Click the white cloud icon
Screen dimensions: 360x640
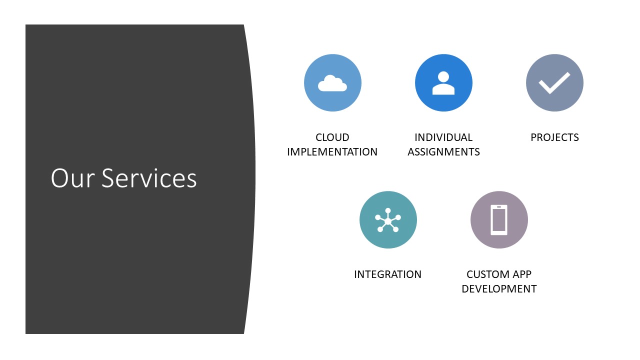pos(332,83)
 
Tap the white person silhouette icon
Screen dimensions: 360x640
pos(443,83)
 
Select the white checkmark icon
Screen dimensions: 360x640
pos(554,83)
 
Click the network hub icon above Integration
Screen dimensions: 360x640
pos(388,220)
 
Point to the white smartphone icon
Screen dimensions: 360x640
pos(499,220)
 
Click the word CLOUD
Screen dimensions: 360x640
pos(332,137)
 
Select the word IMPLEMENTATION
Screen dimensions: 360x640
pos(332,152)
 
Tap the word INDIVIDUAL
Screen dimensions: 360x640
pos(443,137)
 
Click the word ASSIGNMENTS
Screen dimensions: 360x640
pos(443,152)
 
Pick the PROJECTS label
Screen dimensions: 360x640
pos(554,137)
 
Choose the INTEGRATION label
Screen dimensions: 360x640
pos(388,274)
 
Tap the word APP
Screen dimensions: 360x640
pos(522,274)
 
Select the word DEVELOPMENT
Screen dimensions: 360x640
pos(499,289)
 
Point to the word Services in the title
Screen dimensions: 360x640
pos(149,178)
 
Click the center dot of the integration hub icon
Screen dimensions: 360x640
pos(388,220)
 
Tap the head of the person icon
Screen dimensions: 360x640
pos(443,76)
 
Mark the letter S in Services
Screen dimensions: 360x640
pos(108,178)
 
